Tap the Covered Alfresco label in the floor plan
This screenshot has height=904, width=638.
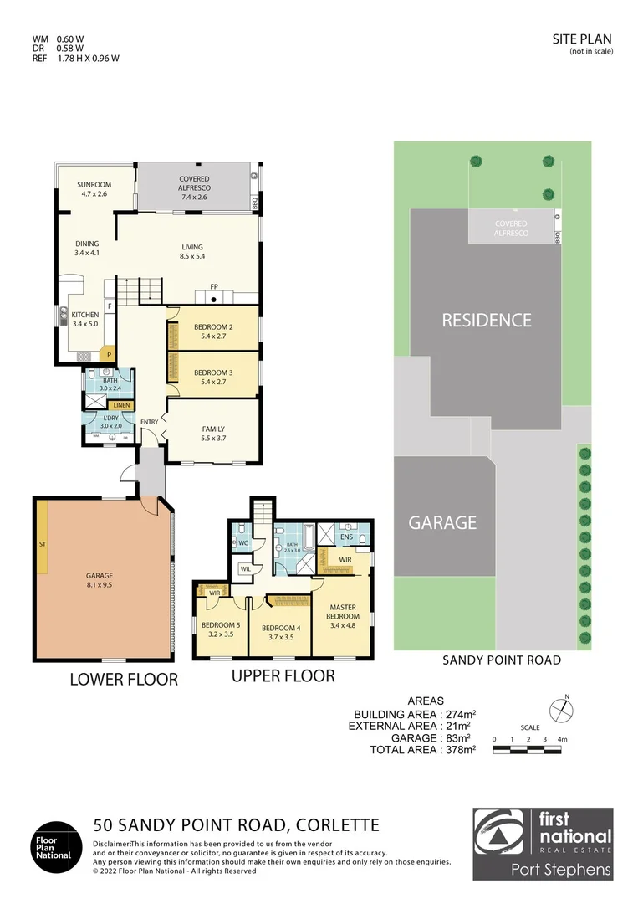(194, 183)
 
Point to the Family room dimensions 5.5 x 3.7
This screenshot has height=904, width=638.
(212, 438)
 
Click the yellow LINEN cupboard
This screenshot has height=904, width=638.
(121, 406)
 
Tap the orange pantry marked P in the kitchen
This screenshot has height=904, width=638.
(108, 355)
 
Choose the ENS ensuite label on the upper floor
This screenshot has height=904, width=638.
(346, 537)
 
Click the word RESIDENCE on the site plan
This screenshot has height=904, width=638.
(486, 320)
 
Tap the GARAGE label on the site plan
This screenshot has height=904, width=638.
(442, 523)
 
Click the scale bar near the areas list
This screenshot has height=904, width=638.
(530, 750)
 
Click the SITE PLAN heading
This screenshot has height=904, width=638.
(582, 39)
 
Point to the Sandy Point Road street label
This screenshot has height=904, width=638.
(501, 660)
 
